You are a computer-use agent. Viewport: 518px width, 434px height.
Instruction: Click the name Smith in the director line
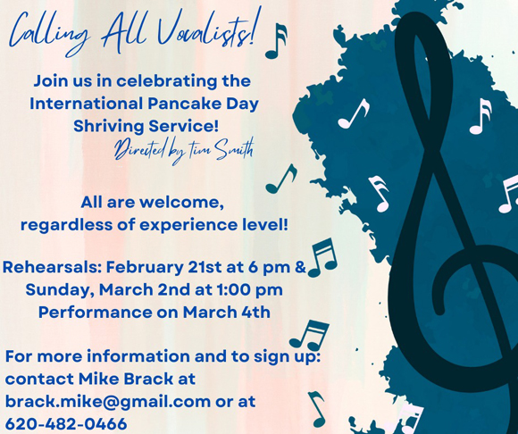[x=235, y=149]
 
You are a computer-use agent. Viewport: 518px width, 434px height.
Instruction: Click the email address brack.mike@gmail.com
[x=108, y=402]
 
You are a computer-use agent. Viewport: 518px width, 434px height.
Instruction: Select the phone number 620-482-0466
[x=66, y=424]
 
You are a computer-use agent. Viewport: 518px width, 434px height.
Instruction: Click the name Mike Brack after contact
[x=126, y=379]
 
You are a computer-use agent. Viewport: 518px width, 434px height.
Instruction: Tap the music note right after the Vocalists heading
[x=277, y=41]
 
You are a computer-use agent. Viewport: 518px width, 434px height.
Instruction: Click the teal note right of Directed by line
[x=281, y=179]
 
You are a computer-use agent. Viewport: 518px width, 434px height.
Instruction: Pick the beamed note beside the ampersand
[x=322, y=258]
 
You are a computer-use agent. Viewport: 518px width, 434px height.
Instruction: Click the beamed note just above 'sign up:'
[x=309, y=335]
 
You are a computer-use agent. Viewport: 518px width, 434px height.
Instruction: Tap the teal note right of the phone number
[x=317, y=409]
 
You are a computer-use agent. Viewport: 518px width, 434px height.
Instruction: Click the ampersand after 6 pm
[x=300, y=267]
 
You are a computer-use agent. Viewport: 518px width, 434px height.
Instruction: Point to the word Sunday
[x=61, y=290]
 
